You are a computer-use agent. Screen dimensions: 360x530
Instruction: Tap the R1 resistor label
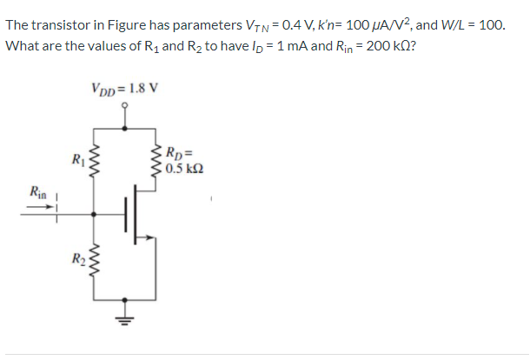click(x=79, y=160)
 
